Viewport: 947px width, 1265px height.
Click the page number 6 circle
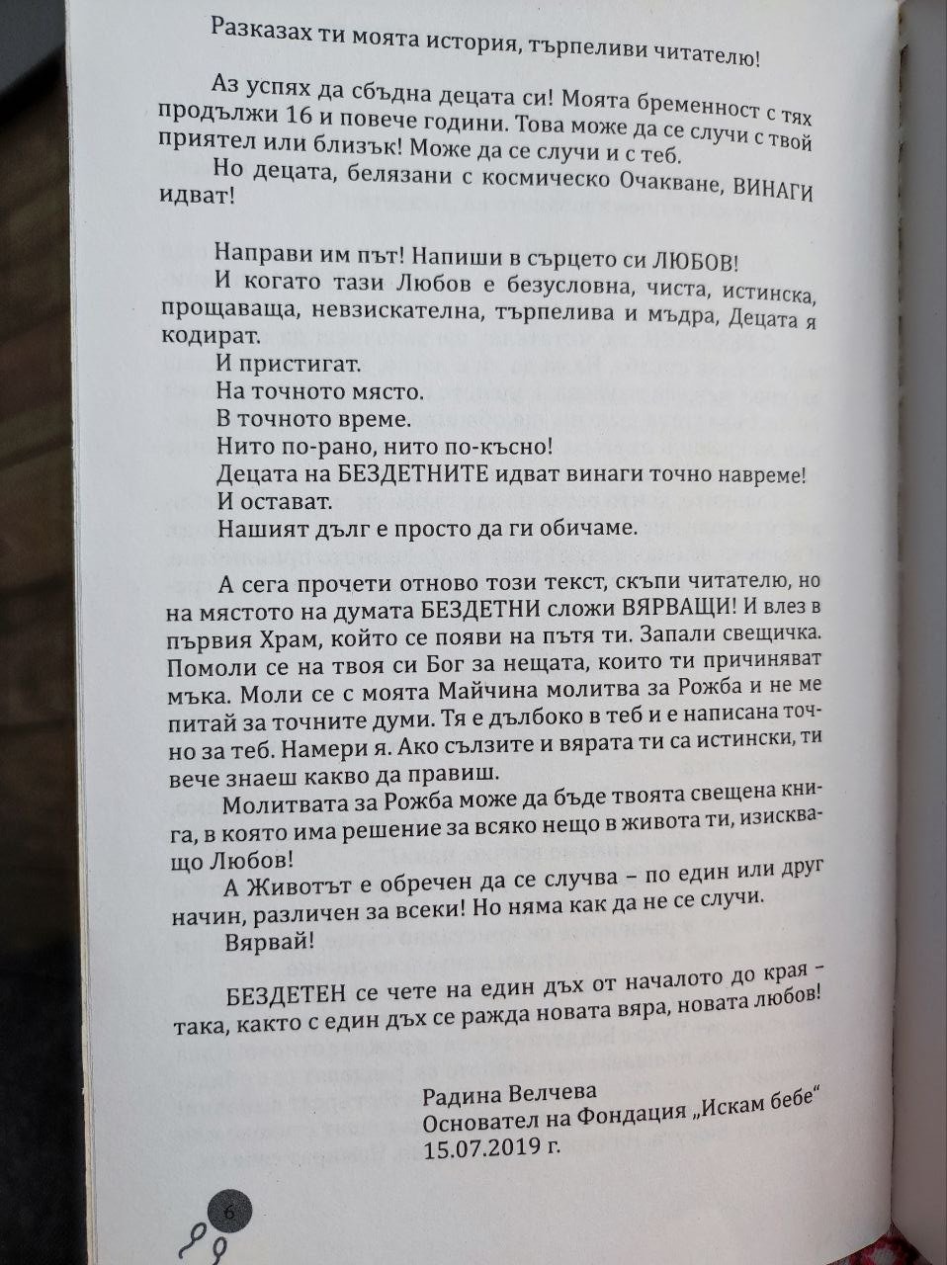tap(229, 1210)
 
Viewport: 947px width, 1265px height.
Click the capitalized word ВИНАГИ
tap(773, 192)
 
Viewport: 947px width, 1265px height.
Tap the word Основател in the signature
tap(474, 1122)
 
